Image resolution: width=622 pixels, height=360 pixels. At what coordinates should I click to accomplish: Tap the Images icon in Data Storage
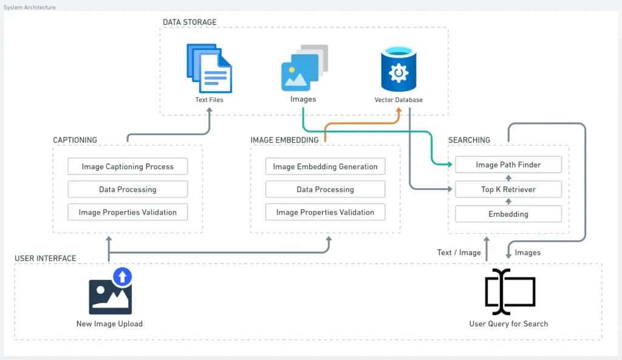click(x=304, y=68)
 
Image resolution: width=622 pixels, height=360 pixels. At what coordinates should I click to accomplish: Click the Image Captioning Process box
click(x=128, y=166)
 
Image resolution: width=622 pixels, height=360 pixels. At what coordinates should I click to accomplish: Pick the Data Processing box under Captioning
click(x=128, y=189)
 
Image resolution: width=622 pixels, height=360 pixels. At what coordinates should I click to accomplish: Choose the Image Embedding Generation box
click(x=325, y=166)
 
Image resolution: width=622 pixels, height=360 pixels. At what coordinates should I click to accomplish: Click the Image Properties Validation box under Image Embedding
click(x=325, y=212)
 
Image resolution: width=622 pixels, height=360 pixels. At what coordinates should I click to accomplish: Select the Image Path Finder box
click(x=508, y=165)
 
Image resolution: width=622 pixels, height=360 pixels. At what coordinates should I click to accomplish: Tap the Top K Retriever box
click(x=508, y=189)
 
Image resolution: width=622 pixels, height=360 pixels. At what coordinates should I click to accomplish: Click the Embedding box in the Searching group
click(x=508, y=214)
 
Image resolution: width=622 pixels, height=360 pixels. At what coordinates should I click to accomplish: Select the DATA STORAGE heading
click(x=190, y=22)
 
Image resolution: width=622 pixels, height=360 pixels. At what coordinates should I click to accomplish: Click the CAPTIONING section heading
click(x=75, y=140)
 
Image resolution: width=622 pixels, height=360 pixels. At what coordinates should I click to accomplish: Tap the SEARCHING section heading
click(x=469, y=140)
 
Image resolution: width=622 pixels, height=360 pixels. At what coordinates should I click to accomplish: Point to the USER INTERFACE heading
click(x=46, y=259)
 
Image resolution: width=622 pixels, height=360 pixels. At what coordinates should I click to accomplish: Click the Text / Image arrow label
click(x=459, y=253)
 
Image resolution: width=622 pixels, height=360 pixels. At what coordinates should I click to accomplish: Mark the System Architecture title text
click(x=30, y=7)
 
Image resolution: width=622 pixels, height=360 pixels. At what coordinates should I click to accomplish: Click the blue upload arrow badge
click(x=123, y=277)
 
